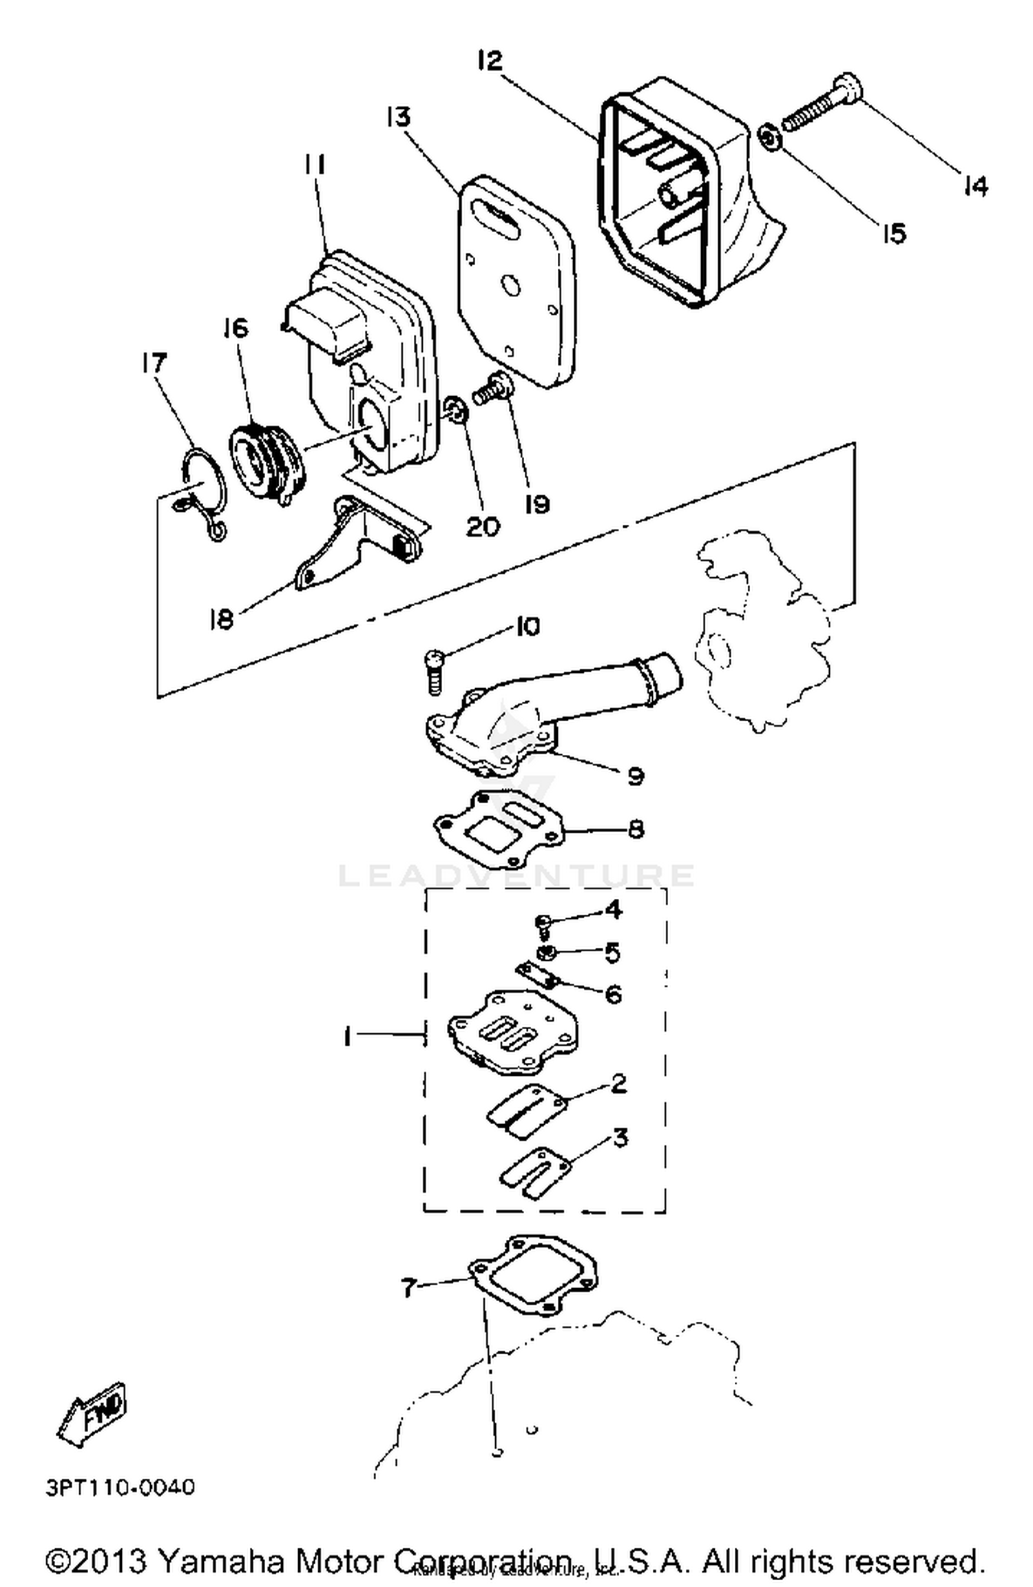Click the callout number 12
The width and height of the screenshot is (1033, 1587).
click(490, 61)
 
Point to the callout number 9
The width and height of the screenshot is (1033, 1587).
click(635, 776)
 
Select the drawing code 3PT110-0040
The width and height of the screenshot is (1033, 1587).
click(121, 1487)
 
